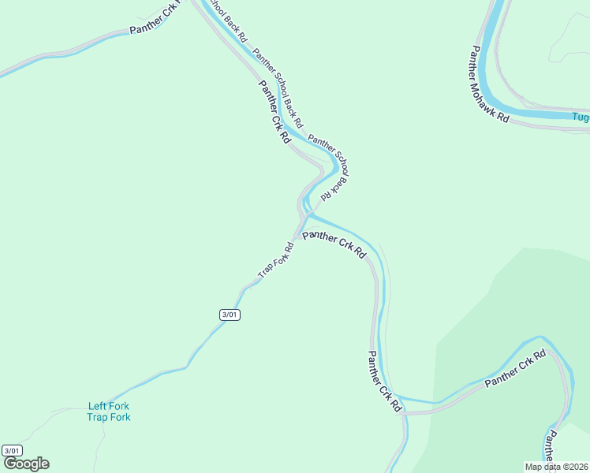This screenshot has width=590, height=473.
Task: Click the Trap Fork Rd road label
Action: coord(276,259)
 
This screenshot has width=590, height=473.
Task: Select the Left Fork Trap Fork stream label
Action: coord(109,412)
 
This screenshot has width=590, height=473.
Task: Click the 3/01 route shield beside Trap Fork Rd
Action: coord(230,315)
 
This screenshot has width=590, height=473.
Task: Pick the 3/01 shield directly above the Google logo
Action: coord(12,450)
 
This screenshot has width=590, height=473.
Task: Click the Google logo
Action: coord(26,464)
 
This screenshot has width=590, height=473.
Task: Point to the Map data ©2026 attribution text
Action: coord(556,467)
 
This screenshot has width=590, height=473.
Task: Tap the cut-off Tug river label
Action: coord(581,118)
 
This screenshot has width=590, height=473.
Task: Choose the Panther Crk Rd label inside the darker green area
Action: coord(515,369)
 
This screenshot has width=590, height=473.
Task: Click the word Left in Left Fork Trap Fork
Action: coord(97,407)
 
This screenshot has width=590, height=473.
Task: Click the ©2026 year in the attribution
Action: coord(573,467)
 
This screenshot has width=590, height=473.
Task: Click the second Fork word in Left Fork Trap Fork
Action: coord(120,417)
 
